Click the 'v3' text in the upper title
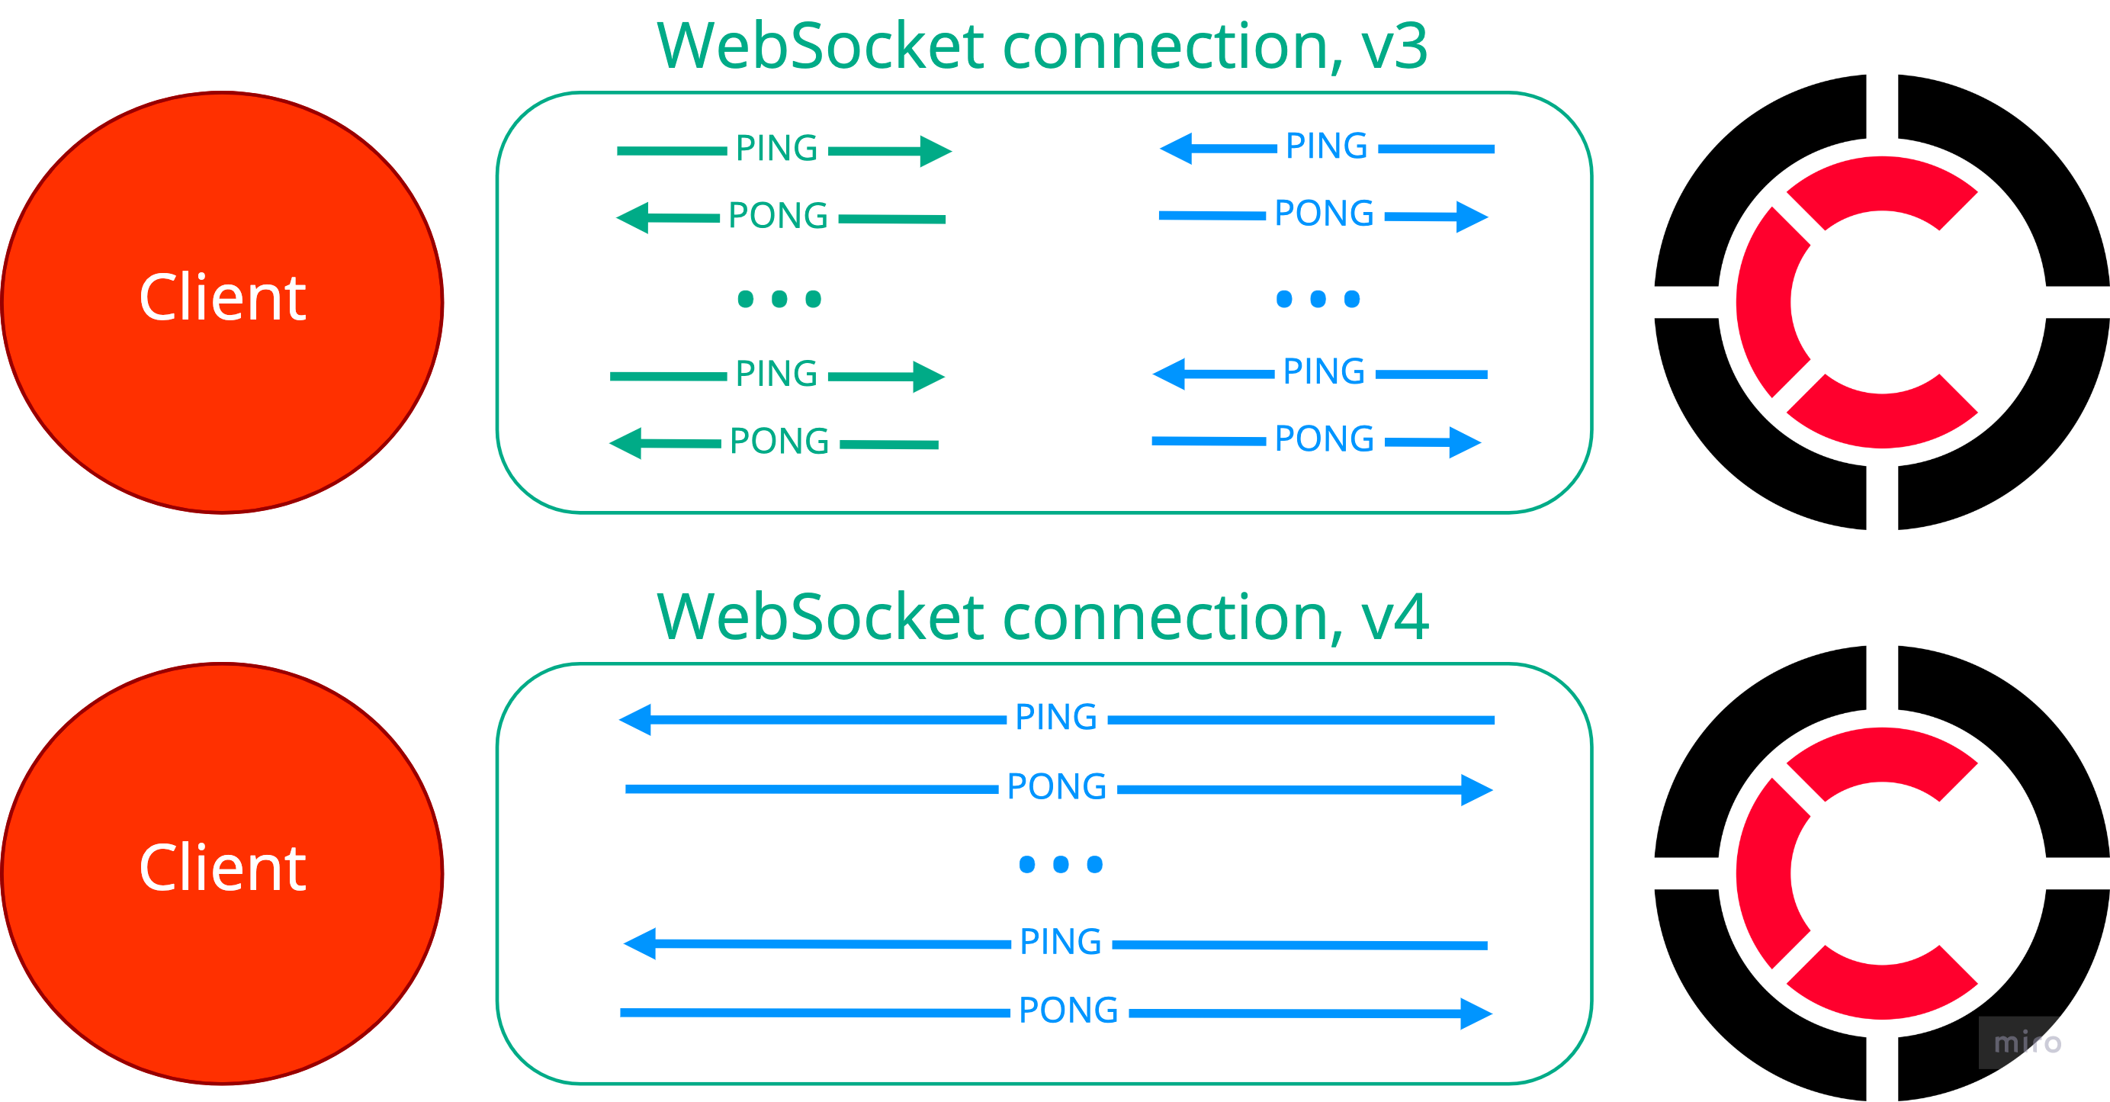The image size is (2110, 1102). point(1395,47)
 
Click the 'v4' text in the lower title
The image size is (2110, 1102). point(1395,618)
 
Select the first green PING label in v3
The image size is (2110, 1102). point(776,148)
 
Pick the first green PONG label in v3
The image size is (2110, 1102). point(778,216)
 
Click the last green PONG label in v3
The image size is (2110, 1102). point(779,441)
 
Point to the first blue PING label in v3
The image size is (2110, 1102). point(1326,146)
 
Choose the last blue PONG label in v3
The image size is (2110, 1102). point(1325,439)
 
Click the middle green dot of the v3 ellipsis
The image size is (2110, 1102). point(779,299)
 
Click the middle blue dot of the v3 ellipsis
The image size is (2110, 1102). point(1318,299)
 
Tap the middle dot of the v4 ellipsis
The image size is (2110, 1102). point(1061,863)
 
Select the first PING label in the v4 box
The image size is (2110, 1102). point(1056,717)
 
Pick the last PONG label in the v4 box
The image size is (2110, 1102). point(1068,1010)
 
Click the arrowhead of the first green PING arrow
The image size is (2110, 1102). point(936,152)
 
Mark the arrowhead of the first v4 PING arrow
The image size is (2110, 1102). point(634,719)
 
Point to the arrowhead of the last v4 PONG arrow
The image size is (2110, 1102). point(1477,1014)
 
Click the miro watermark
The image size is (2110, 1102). point(2028,1043)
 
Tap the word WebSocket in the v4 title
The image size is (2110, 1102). point(820,618)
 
